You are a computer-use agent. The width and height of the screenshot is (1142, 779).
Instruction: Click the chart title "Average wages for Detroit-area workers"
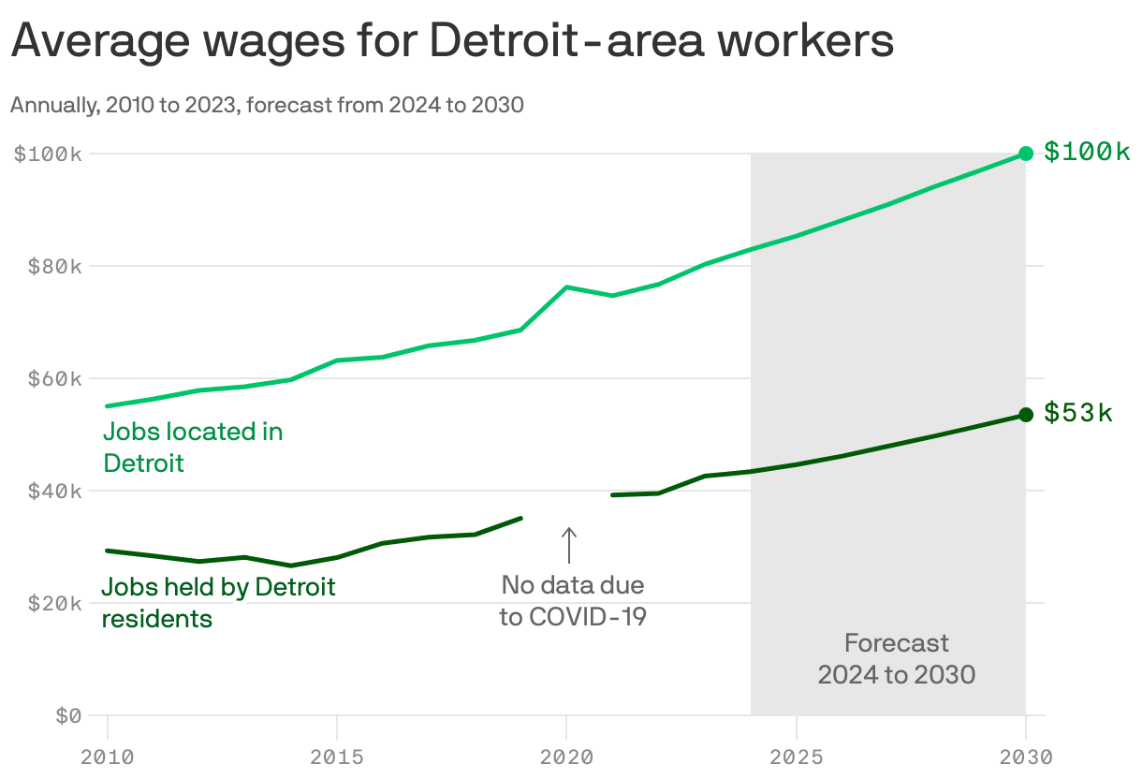[452, 42]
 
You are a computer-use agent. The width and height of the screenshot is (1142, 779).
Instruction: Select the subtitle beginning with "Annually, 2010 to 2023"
[267, 105]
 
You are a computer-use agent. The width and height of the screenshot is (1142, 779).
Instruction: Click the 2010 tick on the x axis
[108, 756]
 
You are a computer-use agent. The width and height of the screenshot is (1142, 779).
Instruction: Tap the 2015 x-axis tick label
[337, 756]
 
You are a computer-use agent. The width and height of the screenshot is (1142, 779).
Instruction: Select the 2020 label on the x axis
[566, 756]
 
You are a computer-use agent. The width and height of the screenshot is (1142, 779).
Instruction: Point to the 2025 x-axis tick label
[796, 756]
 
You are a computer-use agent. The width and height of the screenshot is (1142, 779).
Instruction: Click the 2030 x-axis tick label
[1025, 756]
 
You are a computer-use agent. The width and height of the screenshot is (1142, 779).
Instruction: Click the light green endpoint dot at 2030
[1026, 154]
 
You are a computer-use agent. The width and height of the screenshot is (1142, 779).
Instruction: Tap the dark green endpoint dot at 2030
[1026, 415]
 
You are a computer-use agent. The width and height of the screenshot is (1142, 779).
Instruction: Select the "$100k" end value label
[1087, 152]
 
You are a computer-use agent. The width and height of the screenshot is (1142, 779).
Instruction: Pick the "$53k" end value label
[1078, 413]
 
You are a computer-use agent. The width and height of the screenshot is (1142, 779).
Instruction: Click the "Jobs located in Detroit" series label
[193, 447]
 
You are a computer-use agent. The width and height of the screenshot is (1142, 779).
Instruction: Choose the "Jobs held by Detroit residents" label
[218, 603]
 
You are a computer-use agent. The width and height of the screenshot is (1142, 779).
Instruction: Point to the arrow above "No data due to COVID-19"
[568, 545]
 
